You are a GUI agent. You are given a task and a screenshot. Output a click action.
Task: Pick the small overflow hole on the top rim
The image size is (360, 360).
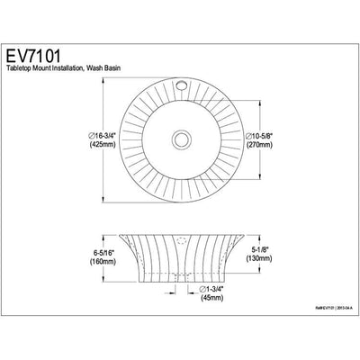pos(184,91)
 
